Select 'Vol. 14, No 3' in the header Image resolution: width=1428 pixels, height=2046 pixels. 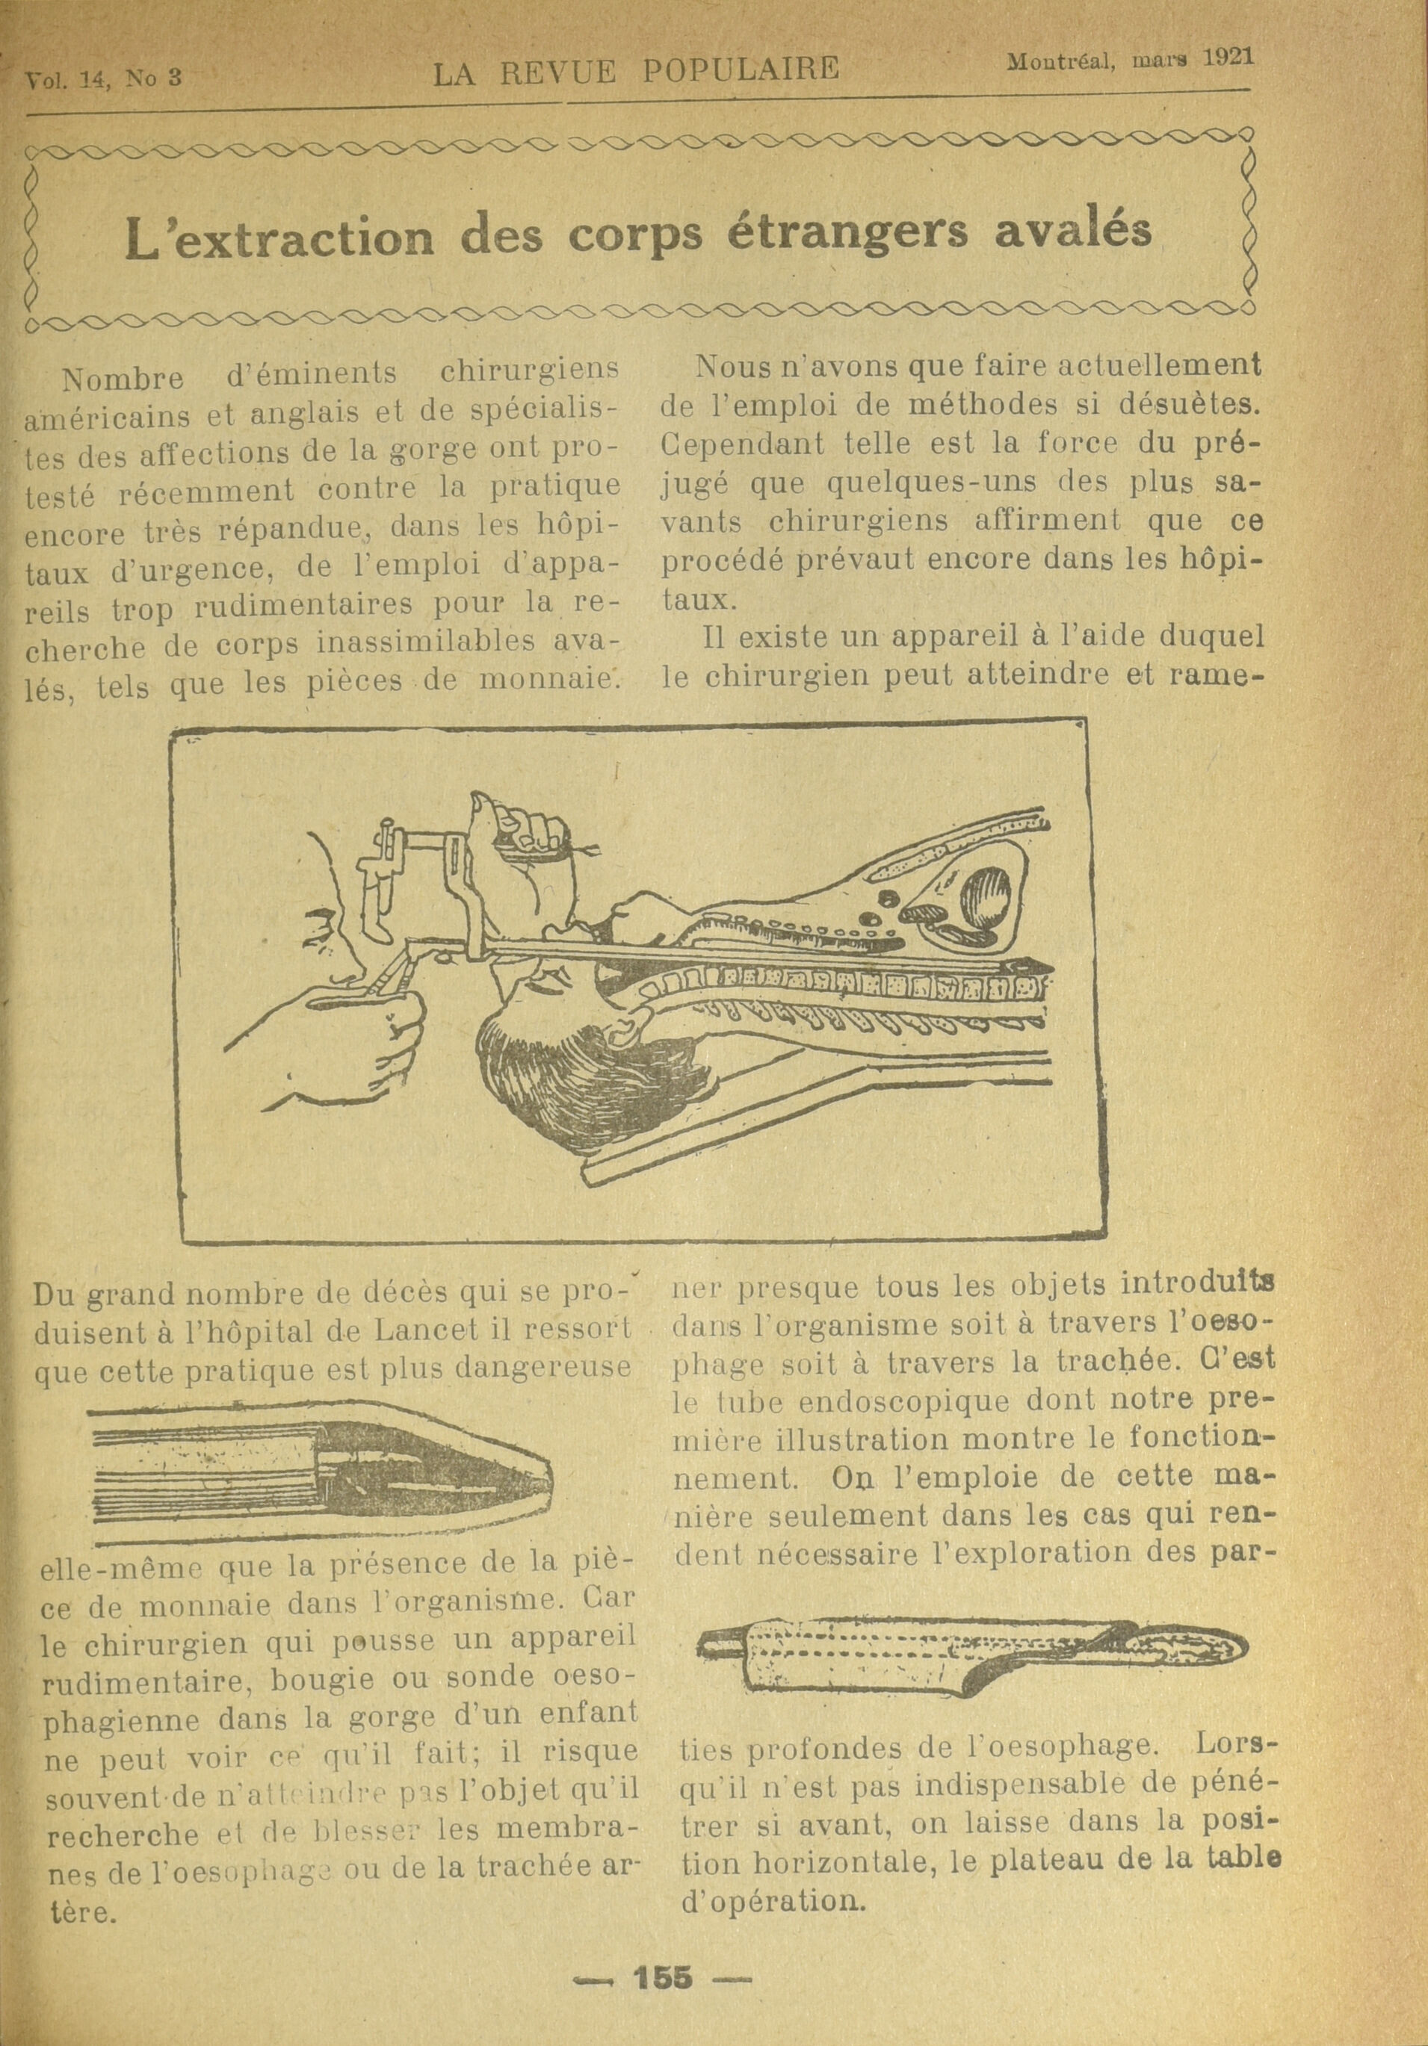(103, 78)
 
